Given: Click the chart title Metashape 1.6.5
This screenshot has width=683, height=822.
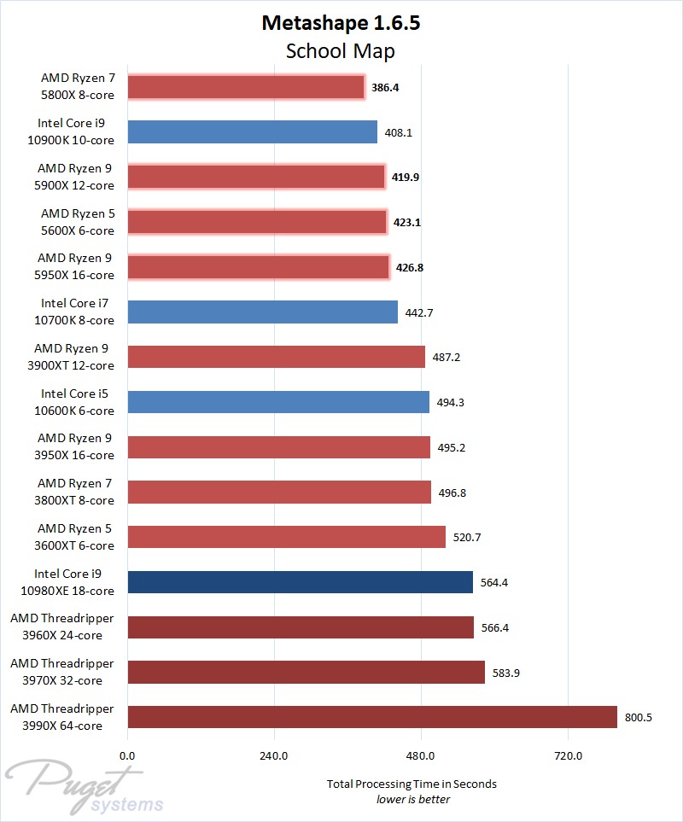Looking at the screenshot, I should pos(341,23).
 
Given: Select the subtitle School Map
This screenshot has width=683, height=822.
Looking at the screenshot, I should pos(341,51).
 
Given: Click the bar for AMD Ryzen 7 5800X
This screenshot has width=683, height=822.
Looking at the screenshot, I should pos(246,87).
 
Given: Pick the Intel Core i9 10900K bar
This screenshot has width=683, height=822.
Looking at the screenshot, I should pos(252,132).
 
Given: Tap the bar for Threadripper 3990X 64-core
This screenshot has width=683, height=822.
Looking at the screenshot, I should pos(372,717).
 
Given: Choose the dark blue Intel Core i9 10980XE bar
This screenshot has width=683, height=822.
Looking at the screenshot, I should pos(300,582).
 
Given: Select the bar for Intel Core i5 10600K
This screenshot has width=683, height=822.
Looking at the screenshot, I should pos(278,402).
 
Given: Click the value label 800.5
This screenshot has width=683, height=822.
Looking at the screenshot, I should pos(639,718).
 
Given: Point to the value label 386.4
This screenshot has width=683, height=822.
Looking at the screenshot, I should pos(385,87).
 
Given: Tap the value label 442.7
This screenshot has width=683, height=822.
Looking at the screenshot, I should pos(419,312).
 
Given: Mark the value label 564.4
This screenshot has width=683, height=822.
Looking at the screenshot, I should pos(494,583).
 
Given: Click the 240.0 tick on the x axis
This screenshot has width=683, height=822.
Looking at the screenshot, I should pos(274,755).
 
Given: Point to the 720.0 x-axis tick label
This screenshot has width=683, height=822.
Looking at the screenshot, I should pos(568,755).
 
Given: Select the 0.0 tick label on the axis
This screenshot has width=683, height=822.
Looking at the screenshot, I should pos(127,755).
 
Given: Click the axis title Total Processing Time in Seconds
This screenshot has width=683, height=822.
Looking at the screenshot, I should pos(412,784).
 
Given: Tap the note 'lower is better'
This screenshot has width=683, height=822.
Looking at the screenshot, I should pos(412,799).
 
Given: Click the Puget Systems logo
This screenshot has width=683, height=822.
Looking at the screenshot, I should pos(85,790).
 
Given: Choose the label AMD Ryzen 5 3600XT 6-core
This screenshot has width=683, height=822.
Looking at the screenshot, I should pos(75,538).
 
